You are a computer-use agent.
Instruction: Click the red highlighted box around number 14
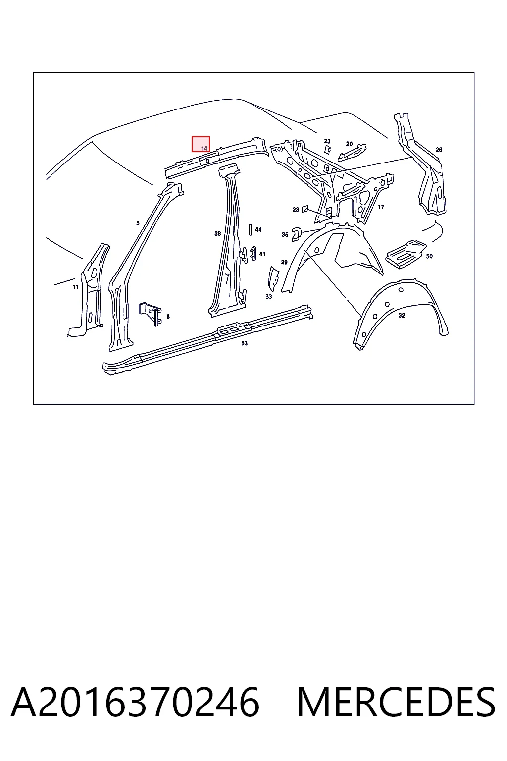coord(201,144)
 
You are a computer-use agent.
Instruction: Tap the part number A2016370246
coord(135,702)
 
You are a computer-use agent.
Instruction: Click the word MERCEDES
coord(396,702)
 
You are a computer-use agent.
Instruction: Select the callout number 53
coord(244,343)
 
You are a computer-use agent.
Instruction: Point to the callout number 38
coord(218,234)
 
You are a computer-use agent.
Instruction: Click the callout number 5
coord(138,223)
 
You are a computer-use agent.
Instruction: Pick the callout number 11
coord(75,287)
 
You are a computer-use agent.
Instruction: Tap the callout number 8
coord(168,317)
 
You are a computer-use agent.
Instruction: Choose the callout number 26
coord(439,150)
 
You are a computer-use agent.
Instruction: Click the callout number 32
coord(402,315)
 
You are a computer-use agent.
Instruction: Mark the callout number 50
coord(429,256)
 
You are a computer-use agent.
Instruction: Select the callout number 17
coord(381,207)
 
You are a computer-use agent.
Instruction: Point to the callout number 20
coord(349,144)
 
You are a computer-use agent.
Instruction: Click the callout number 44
coord(258,230)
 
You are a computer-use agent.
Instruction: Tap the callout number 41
coord(262,254)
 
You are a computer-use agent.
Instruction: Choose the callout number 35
coord(285,234)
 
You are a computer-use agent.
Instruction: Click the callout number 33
coord(269,297)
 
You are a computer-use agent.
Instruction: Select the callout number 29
coord(284,262)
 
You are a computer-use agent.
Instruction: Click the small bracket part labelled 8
coord(150,313)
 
